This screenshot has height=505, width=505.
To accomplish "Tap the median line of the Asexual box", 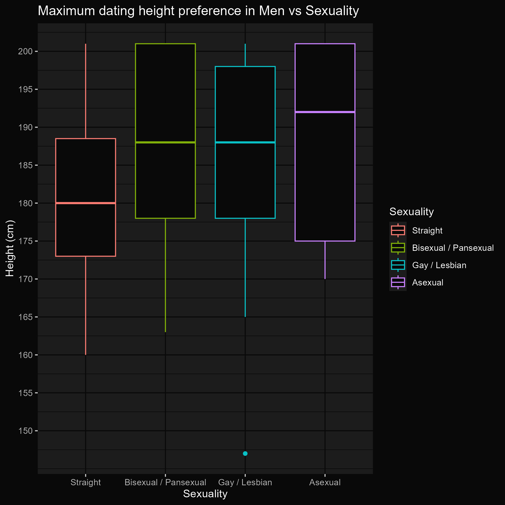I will click(x=325, y=112).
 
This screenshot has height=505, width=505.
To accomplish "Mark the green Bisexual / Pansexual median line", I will click(x=165, y=142).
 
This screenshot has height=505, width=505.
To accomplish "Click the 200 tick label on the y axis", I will click(x=25, y=51).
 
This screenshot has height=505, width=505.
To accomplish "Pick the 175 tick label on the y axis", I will click(x=25, y=241).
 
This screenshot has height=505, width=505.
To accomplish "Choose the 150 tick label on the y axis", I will click(x=25, y=431).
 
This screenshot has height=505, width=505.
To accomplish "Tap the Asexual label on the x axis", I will click(x=325, y=482).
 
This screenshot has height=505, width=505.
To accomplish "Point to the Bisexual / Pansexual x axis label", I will click(x=165, y=482).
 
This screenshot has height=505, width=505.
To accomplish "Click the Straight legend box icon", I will click(x=398, y=231).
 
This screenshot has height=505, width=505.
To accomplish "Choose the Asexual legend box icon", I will click(x=398, y=282).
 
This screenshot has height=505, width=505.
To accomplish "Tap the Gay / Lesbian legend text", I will click(x=439, y=265).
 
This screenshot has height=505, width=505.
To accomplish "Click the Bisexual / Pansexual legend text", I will click(x=453, y=248).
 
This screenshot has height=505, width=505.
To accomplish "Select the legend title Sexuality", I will click(x=411, y=212).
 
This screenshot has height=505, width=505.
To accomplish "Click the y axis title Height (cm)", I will click(x=10, y=248).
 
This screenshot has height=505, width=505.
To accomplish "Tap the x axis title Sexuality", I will click(x=205, y=494).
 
